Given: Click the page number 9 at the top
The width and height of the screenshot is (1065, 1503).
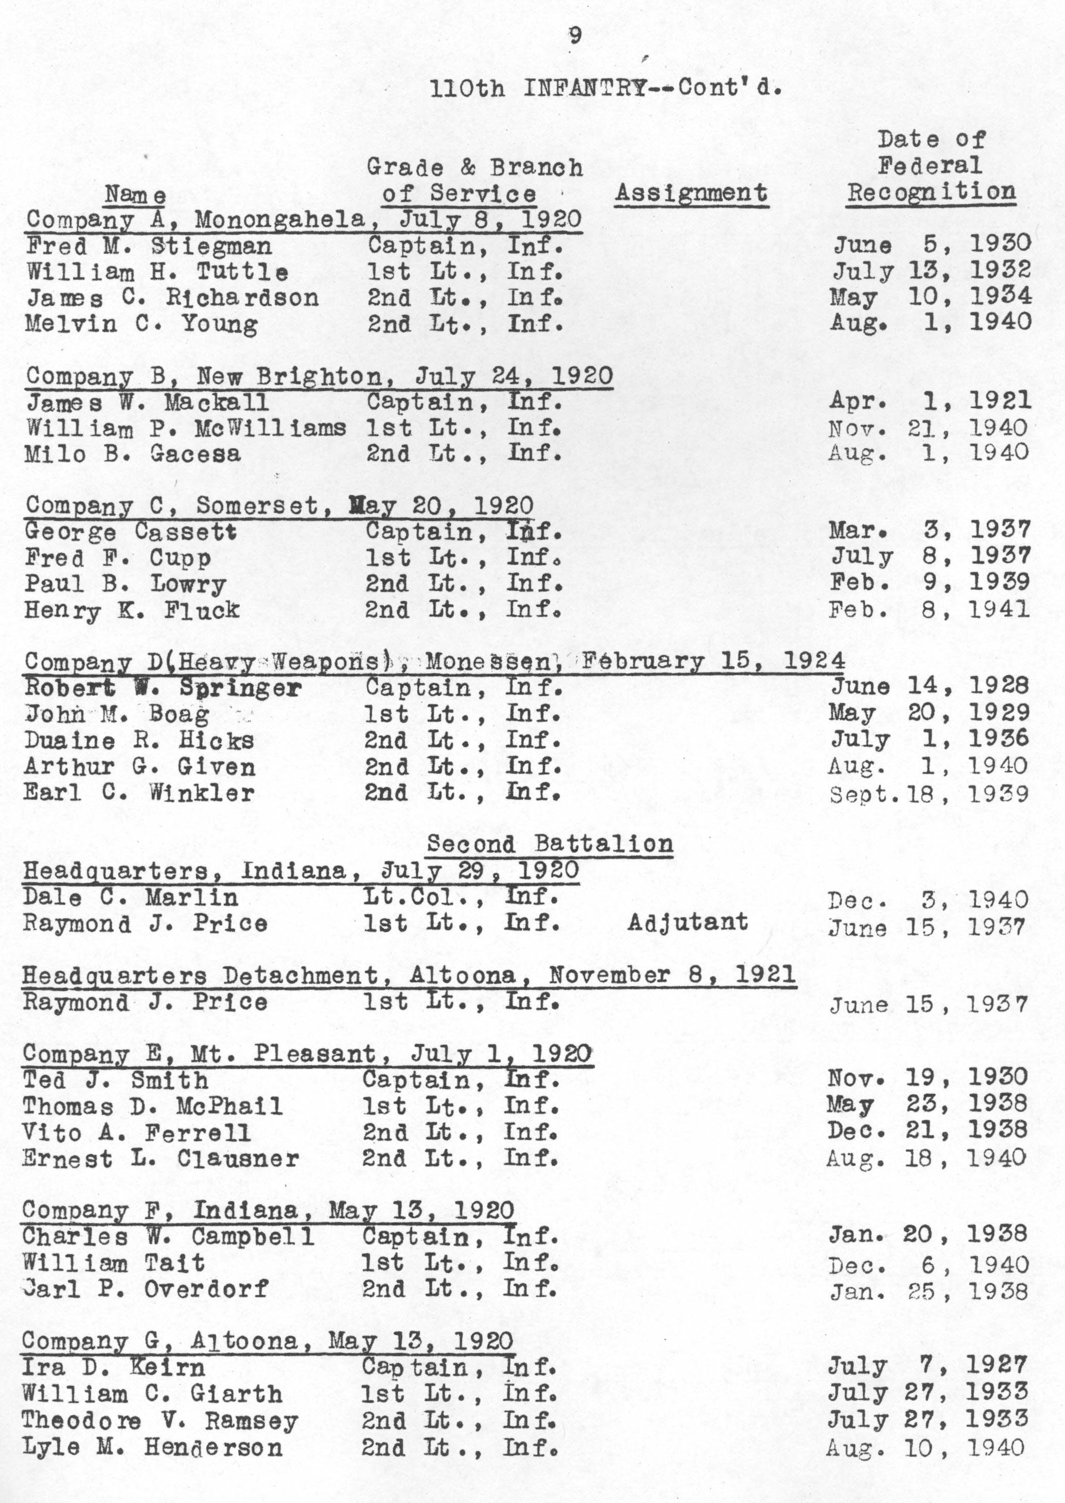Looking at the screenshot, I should pos(575,36).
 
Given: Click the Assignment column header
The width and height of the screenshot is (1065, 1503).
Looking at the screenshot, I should pos(691,193).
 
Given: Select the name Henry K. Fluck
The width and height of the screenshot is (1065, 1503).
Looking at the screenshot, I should pos(132,610).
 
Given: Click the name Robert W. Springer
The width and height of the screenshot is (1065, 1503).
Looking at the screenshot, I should pos(163,688).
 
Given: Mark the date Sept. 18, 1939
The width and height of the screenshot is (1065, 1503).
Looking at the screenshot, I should pos(929,794).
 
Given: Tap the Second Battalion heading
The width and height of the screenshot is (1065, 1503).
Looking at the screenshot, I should pos(549,844).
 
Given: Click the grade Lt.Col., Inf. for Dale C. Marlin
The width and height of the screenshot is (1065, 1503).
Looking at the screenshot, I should pos(461,897).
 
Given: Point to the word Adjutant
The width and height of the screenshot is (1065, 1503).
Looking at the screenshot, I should pos(687,922).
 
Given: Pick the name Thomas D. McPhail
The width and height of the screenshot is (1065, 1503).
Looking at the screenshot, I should pos(152,1106).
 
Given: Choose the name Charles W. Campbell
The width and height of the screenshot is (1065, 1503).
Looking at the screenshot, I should pos(168,1237).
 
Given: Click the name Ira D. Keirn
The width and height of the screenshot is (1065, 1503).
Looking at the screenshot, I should pos(114,1367).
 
